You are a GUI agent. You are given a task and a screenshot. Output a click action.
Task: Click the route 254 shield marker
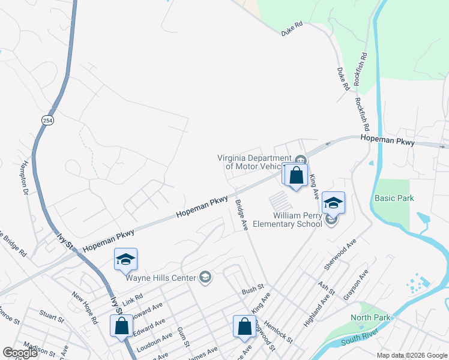(x=47, y=121)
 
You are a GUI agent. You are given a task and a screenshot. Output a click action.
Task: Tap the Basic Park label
(x=394, y=198)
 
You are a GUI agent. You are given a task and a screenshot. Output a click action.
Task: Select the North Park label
(x=370, y=317)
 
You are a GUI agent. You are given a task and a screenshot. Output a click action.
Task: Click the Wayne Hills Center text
(x=161, y=278)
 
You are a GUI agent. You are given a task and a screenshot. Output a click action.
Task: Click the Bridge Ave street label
(x=241, y=215)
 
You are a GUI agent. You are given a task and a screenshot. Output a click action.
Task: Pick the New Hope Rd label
(x=85, y=308)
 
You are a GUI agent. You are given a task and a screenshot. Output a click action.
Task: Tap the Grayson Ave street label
(x=355, y=283)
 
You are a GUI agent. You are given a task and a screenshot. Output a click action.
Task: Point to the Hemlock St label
(x=281, y=331)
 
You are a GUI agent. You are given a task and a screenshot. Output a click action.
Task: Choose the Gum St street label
(x=183, y=337)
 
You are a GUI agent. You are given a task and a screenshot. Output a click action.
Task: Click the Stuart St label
(x=51, y=314)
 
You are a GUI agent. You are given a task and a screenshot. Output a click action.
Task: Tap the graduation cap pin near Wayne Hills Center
(x=125, y=260)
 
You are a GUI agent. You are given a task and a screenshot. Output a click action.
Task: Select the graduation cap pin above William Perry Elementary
(x=333, y=203)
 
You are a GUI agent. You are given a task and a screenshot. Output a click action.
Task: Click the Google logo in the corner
(x=20, y=352)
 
